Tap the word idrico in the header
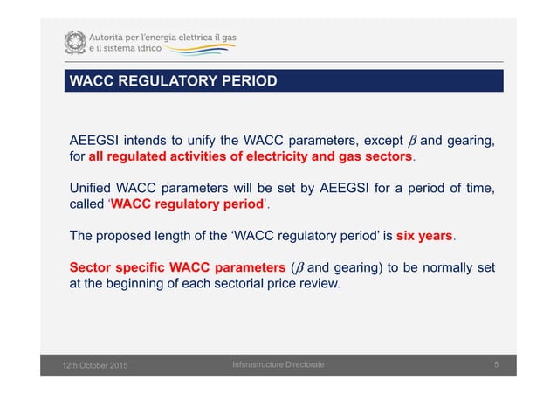pyautogui.click(x=168, y=50)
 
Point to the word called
pyautogui.click(x=88, y=208)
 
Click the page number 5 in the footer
pyautogui.click(x=495, y=363)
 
